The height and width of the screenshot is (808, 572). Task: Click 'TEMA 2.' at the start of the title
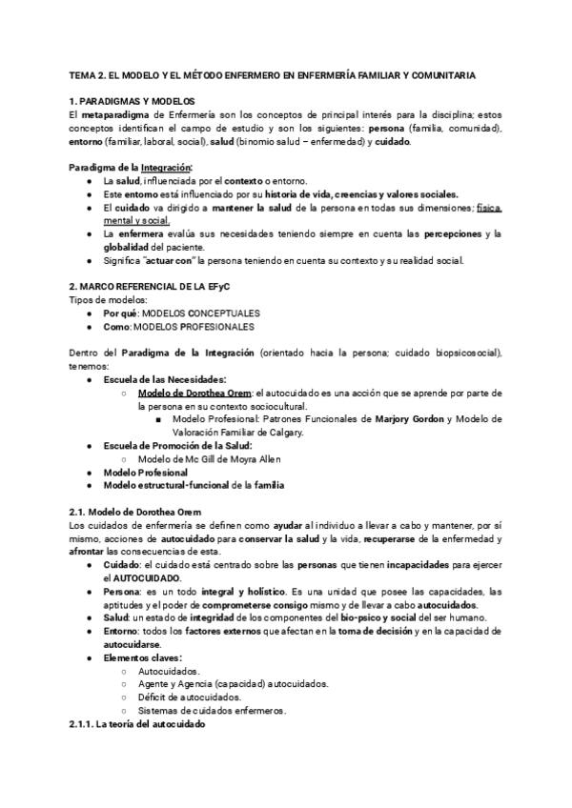pos(88,74)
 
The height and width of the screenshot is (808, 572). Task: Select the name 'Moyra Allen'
pos(245,458)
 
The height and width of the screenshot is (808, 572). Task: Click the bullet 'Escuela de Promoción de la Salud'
pos(164,445)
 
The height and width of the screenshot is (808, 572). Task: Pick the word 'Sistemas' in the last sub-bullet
pos(158,711)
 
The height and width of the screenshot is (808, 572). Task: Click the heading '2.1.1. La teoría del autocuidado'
pos(137,724)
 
